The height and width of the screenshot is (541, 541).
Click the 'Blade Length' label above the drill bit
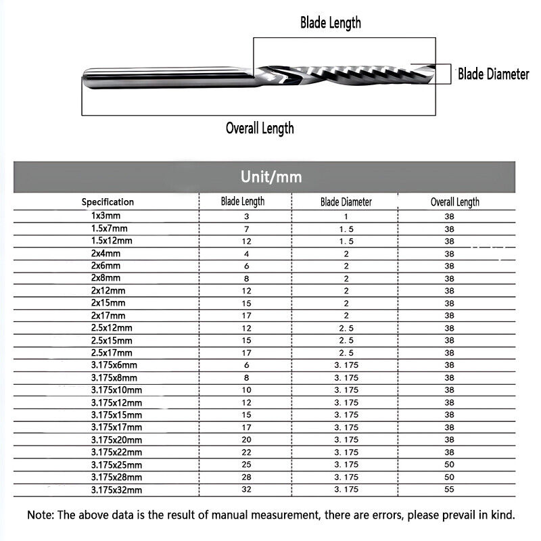point(330,22)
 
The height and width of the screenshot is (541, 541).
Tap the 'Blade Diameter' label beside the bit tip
point(493,74)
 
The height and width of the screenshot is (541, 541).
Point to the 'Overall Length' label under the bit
point(260,128)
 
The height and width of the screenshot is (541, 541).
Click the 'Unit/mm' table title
point(270,178)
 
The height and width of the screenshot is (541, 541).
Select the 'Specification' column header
point(108,202)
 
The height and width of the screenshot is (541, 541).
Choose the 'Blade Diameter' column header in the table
point(346,202)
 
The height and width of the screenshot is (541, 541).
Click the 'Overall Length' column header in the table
point(454,202)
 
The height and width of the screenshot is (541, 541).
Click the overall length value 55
point(449,489)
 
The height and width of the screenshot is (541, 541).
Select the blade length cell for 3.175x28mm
point(246,477)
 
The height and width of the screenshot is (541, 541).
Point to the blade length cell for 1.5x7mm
point(246,229)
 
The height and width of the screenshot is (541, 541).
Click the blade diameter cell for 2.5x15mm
point(346,340)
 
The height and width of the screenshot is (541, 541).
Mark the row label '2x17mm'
point(108,315)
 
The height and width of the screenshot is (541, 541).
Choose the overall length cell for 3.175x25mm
point(449,465)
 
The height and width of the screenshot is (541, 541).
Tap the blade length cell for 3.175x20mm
point(246,440)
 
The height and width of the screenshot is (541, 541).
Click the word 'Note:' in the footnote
point(41,515)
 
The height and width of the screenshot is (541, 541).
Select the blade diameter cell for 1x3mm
point(346,216)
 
